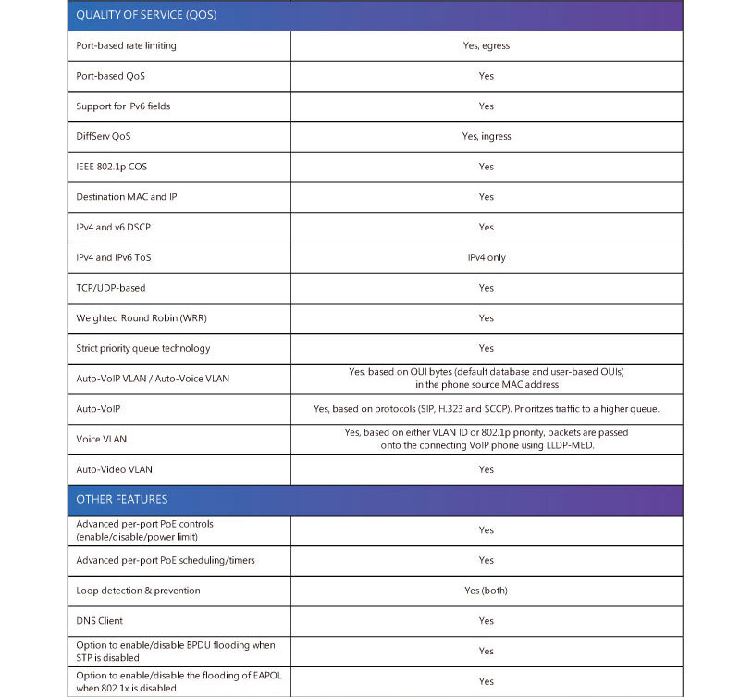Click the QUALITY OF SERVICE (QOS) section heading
pos(134,16)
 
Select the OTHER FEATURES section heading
pos(122,500)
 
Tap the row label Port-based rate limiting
pos(126,45)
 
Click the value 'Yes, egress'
pos(486,45)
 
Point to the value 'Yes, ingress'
pos(486,136)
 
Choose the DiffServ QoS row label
pos(104,136)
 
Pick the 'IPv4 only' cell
pos(487,257)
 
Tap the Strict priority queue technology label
pos(142,348)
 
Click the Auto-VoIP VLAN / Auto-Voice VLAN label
pos(153,379)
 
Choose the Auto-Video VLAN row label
pos(114,469)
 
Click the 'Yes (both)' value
pos(486,591)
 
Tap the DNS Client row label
pos(99,621)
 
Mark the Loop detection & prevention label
pos(138,591)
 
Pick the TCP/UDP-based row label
pos(111,288)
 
